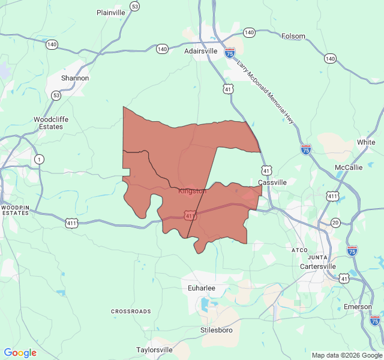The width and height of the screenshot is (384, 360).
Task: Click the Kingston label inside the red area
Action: click(192, 191)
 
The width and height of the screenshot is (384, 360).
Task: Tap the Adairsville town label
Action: click(200, 52)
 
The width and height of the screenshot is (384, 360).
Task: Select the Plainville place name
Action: click(111, 13)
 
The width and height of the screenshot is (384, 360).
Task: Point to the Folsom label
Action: click(293, 37)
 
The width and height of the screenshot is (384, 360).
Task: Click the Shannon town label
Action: click(75, 78)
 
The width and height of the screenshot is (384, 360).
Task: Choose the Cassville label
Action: click(272, 182)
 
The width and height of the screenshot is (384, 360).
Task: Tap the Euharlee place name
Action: click(202, 289)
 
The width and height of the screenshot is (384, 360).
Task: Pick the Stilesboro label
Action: click(216, 330)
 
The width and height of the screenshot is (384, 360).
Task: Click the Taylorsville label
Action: click(154, 350)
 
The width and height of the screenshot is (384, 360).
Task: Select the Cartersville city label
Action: click(318, 266)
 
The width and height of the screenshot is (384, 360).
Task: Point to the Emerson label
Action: click(358, 307)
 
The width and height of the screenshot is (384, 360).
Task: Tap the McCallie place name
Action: click(349, 167)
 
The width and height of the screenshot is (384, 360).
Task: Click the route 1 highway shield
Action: click(40, 159)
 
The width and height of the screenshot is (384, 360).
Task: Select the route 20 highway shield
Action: click(335, 223)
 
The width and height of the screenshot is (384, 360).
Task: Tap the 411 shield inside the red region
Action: click(190, 215)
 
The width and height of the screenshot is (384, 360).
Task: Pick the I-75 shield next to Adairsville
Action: click(230, 53)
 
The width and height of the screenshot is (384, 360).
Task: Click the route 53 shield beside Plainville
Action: click(135, 7)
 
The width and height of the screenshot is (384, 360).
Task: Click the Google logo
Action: click(20, 353)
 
